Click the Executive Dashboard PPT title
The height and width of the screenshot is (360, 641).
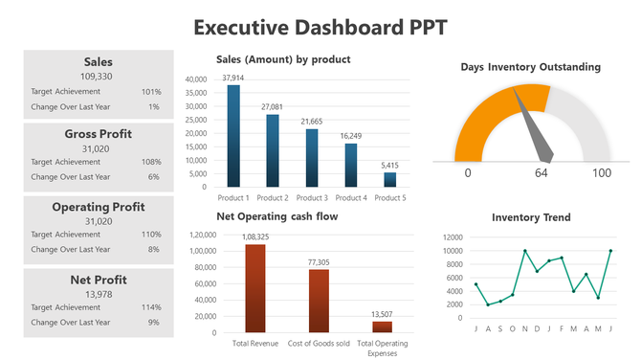[x=320, y=26]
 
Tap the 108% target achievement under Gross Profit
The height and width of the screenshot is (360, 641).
[x=151, y=162]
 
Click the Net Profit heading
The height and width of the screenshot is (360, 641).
[x=98, y=280]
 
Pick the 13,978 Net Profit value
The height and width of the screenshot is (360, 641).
[x=98, y=294]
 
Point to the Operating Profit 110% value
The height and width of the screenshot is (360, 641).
[x=151, y=235]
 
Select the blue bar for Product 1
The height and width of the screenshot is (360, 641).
[x=233, y=135]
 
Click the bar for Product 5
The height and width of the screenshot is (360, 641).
[x=389, y=179]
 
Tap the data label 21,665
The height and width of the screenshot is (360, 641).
[x=312, y=122]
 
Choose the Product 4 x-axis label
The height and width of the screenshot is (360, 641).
[x=351, y=197]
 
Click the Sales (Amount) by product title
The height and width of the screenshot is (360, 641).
[x=283, y=59]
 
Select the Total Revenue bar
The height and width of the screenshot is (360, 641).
[x=255, y=288]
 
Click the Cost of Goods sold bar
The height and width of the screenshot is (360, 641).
[x=319, y=301]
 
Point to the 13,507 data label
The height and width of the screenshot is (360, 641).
[x=382, y=313]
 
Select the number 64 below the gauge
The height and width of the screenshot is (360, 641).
[x=541, y=173]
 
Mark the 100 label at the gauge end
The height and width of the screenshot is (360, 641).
[x=601, y=173]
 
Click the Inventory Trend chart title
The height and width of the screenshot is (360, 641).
[x=531, y=217]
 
